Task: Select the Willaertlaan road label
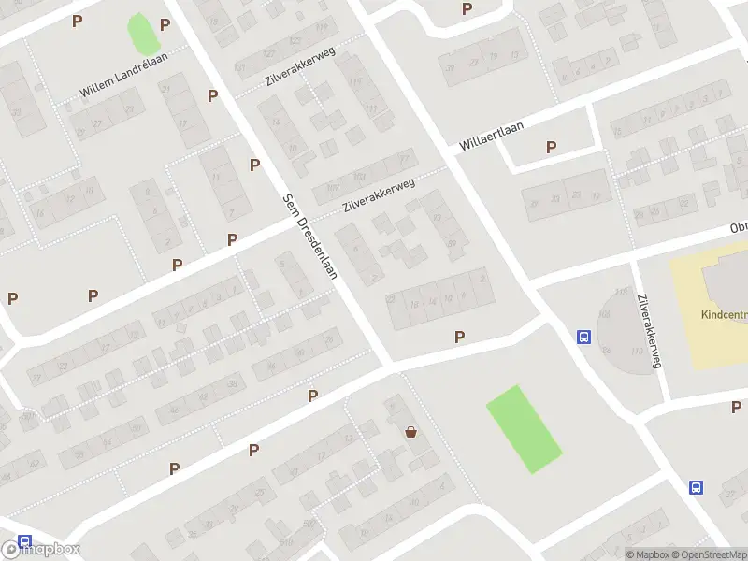pos(490,136)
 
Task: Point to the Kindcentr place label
pos(724,314)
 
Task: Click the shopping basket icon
pos(410,432)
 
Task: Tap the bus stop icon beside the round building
pos(584,338)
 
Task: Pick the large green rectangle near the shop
pos(524,429)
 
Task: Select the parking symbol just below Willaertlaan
pos(551,147)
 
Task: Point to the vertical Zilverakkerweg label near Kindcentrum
pos(648,332)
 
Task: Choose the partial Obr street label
pos(739,229)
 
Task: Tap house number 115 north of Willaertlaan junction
pos(353,83)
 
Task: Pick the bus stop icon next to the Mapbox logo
pos(24,541)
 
